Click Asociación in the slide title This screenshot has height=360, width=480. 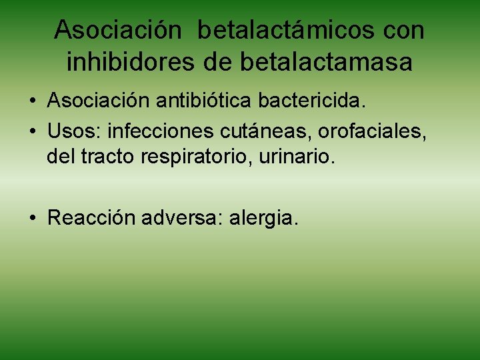coord(118,31)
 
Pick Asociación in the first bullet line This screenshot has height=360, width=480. coord(100,101)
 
